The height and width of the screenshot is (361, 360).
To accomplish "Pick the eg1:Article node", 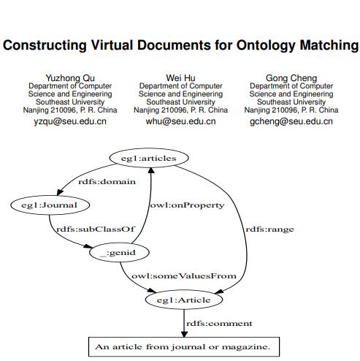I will click(183, 300).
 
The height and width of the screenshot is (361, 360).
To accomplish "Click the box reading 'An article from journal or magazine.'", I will click(183, 346).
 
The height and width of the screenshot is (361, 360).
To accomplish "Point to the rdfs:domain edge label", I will click(112, 181).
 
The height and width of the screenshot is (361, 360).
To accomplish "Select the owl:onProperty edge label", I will click(187, 205).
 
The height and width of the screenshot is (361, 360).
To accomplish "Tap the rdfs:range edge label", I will click(270, 229).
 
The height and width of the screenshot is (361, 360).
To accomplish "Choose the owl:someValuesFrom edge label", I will click(184, 275).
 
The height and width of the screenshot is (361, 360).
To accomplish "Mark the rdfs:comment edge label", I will click(219, 323).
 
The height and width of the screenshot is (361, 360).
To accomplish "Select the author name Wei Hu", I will click(180, 77).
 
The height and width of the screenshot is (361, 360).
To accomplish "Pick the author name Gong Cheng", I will click(291, 77).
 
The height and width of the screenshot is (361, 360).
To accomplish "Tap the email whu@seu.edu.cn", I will click(180, 121).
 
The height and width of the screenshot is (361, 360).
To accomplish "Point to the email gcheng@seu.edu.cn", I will click(291, 121).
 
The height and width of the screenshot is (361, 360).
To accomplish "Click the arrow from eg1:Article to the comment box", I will click(183, 321).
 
